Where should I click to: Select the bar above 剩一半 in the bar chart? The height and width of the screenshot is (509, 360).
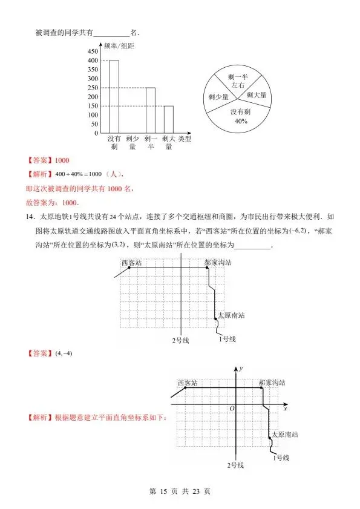click(x=150, y=110)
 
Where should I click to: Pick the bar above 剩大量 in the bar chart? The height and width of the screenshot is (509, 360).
click(x=168, y=119)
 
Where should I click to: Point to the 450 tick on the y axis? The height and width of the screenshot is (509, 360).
click(x=93, y=51)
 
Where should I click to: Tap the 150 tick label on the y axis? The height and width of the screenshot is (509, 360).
click(x=93, y=106)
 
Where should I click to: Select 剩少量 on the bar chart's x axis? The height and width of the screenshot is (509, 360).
click(x=132, y=142)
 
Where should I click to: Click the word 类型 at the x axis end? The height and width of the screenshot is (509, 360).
click(x=185, y=139)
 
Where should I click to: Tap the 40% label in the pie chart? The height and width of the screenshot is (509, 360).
click(x=241, y=120)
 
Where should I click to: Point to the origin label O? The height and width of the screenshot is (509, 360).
click(x=231, y=410)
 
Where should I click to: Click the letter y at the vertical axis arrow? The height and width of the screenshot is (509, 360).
click(x=241, y=368)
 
